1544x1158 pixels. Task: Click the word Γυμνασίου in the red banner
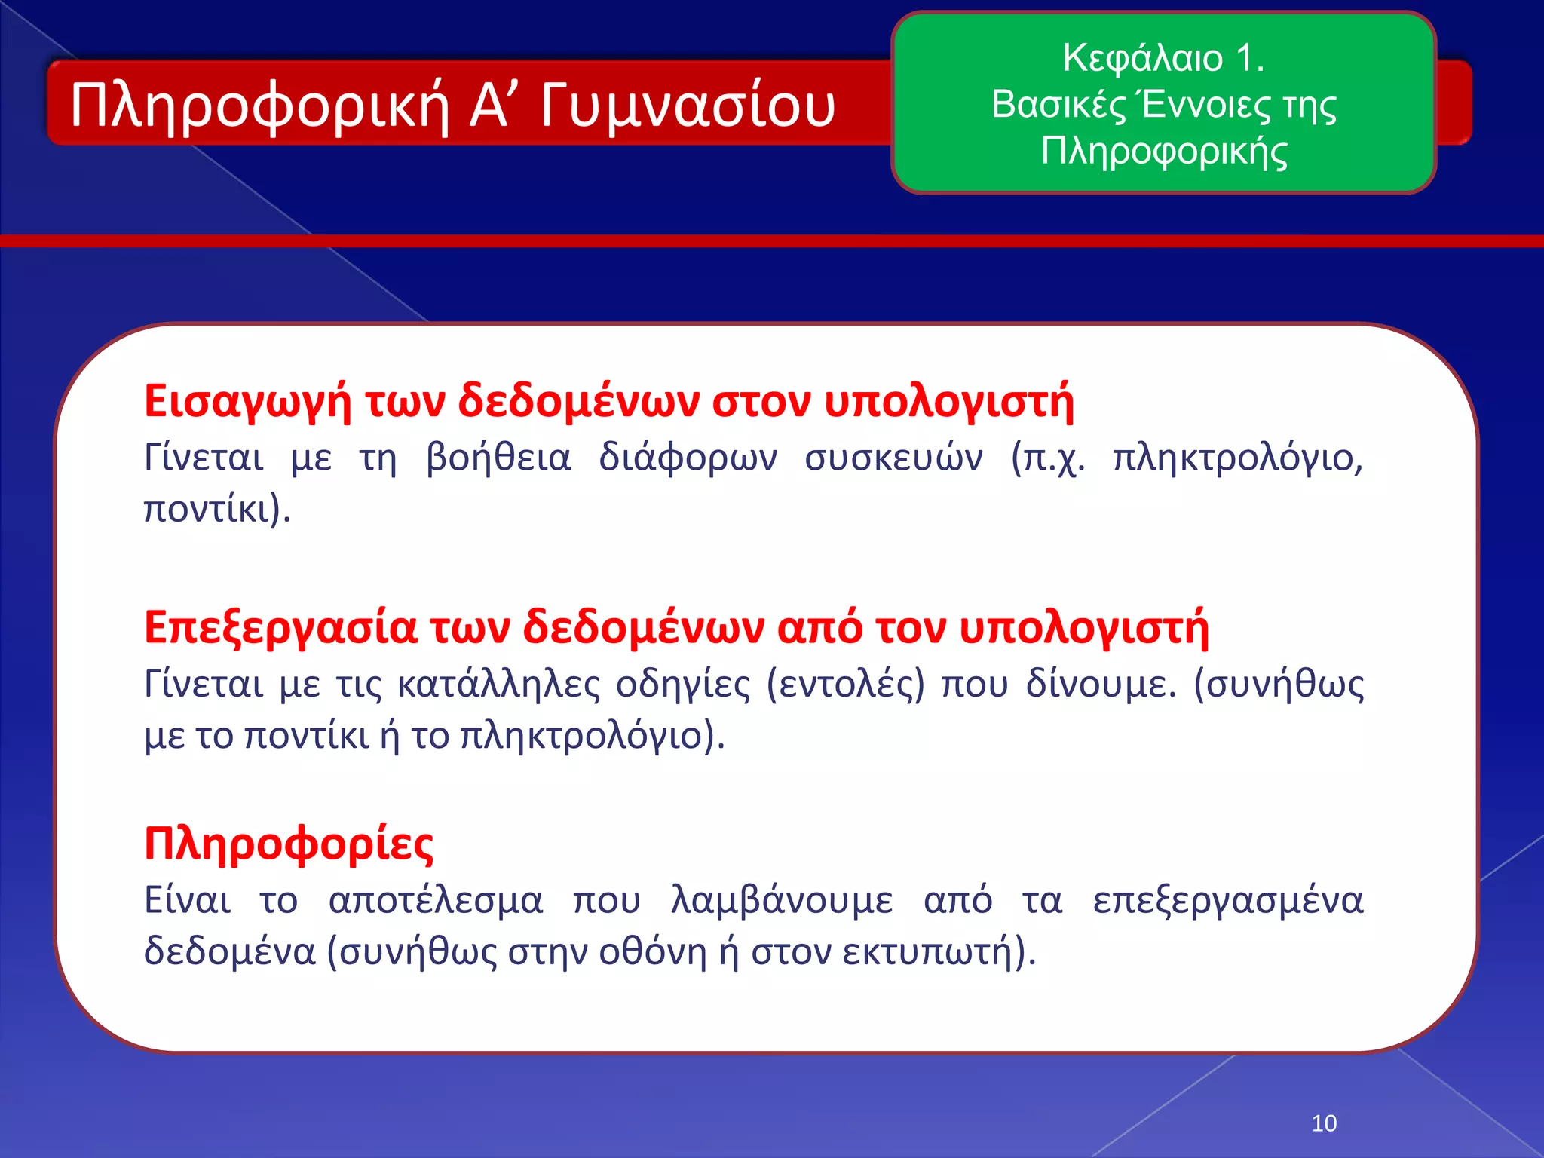click(x=687, y=106)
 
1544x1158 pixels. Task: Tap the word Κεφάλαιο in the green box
click(x=1142, y=58)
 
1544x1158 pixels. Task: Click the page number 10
click(x=1324, y=1123)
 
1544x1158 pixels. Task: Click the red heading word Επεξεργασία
click(x=280, y=627)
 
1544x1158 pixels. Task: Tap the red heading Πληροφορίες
click(x=289, y=844)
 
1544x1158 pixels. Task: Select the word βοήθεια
click(x=498, y=458)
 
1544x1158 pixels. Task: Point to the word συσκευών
click(x=893, y=458)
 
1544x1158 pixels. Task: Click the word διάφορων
click(x=688, y=458)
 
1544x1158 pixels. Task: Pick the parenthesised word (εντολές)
click(x=845, y=685)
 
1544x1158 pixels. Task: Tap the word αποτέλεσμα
click(x=436, y=901)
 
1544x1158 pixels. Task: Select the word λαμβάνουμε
click(x=782, y=901)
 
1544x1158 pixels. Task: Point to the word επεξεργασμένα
click(x=1228, y=901)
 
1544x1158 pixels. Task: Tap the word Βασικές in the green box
click(x=1058, y=105)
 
